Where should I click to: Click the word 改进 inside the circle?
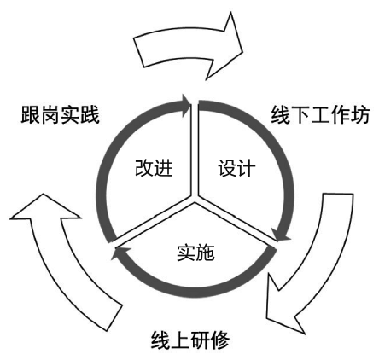[x=154, y=167]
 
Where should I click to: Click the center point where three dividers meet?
[x=195, y=202]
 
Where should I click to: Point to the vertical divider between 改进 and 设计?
[x=194, y=145]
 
